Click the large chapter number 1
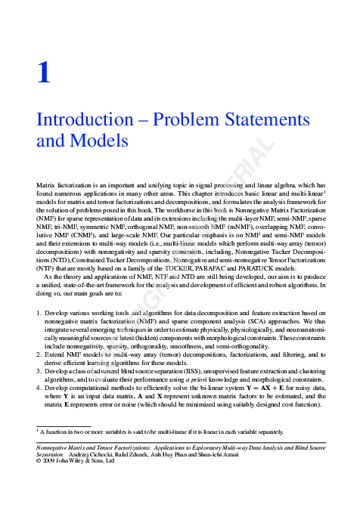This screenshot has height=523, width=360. click(x=44, y=73)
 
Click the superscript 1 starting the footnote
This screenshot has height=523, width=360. click(x=38, y=429)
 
